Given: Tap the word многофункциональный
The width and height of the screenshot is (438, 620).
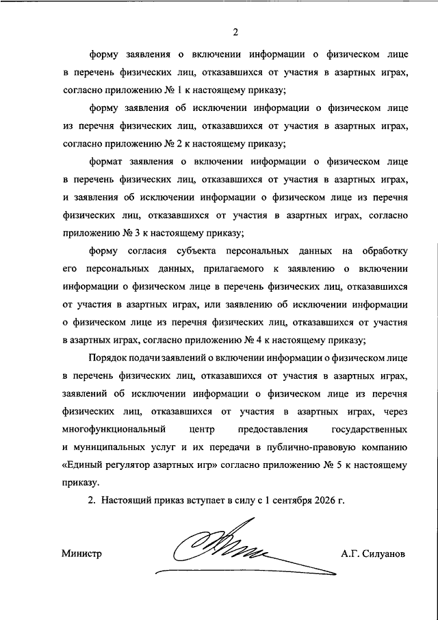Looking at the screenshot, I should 115,430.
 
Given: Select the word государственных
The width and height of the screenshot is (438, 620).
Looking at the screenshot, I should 370,430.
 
